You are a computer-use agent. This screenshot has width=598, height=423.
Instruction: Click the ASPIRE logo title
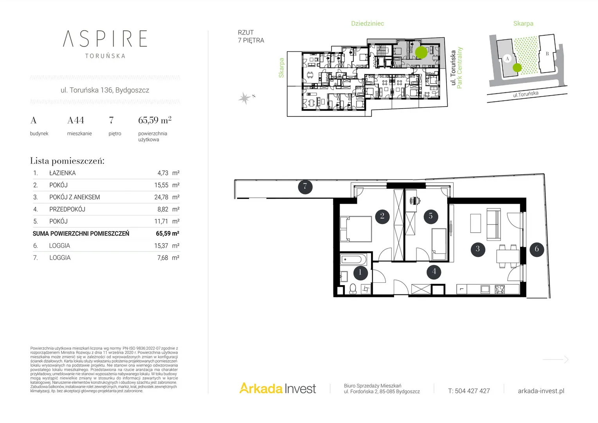point(105,39)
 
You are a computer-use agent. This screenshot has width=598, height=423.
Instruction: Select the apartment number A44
point(76,120)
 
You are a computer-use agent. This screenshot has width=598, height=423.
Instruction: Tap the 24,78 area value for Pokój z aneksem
point(161,197)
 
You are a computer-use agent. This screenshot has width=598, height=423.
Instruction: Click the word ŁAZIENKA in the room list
point(63,173)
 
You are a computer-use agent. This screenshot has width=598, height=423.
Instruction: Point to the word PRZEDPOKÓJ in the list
point(67,209)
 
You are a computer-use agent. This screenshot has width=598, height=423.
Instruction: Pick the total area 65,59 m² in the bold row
point(168,233)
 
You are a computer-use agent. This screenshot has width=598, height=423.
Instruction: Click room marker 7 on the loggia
point(305,186)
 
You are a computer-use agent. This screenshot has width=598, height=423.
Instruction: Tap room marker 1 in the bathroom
point(360,273)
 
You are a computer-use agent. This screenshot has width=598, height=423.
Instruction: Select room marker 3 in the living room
point(477,249)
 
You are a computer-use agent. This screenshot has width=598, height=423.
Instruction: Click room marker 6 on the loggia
point(537,249)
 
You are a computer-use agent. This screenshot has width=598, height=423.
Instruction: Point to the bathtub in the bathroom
point(353,259)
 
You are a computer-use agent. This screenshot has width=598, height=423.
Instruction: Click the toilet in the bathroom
point(353,289)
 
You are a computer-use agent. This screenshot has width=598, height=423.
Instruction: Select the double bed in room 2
point(356,229)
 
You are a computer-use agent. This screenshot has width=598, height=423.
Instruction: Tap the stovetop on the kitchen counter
point(500,289)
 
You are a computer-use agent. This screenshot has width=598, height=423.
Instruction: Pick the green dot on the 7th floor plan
point(421,52)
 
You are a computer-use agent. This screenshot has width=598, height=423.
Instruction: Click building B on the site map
point(547,53)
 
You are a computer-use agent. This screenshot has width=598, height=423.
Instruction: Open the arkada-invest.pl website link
point(541,391)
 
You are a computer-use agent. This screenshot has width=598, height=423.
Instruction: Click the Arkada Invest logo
point(277,388)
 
